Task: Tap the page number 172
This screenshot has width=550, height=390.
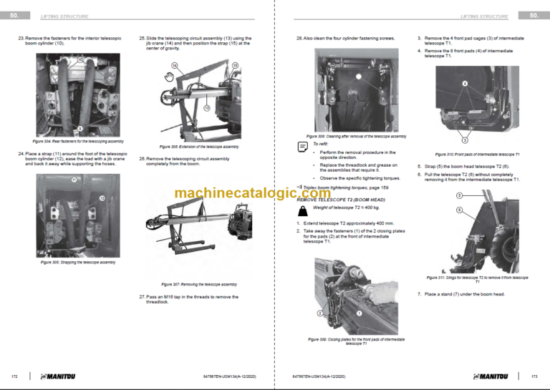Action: [14, 376]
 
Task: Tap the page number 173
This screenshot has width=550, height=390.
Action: [534, 376]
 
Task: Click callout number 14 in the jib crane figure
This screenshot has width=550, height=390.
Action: [174, 65]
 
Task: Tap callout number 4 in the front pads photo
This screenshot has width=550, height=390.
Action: [465, 84]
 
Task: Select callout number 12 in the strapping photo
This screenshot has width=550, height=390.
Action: [102, 198]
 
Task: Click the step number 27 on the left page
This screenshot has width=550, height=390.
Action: [142, 296]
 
